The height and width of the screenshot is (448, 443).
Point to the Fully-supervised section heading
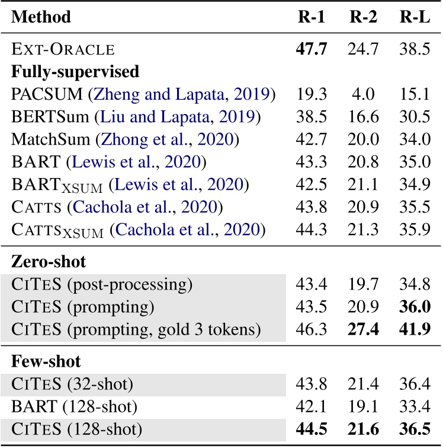pos(75,72)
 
